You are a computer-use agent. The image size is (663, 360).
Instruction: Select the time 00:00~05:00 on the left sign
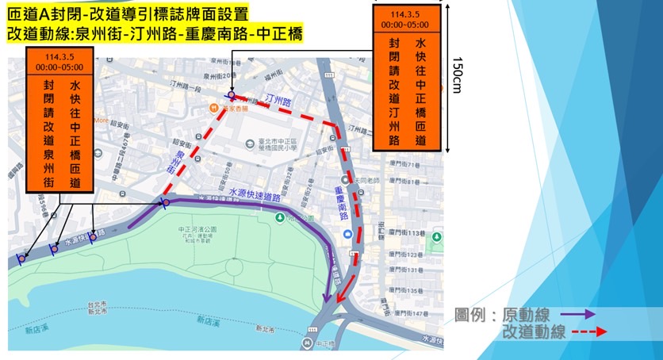click(x=59, y=68)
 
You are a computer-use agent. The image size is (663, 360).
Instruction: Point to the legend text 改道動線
click(x=536, y=332)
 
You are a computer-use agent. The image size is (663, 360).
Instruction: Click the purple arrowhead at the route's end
click(x=326, y=297)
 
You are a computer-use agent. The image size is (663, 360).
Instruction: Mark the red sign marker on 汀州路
click(x=231, y=95)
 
